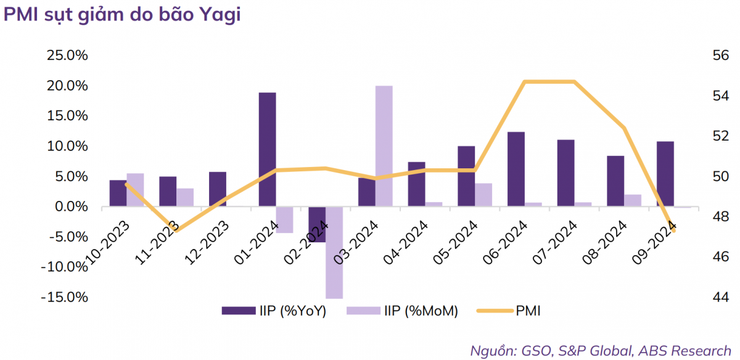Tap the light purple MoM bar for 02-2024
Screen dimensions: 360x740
pyautogui.click(x=334, y=252)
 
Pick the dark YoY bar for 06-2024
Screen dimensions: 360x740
pyautogui.click(x=516, y=169)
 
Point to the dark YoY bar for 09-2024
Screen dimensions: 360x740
pyautogui.click(x=665, y=174)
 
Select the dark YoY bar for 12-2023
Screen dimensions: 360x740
pyautogui.click(x=217, y=189)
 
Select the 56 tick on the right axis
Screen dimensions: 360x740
pyautogui.click(x=720, y=55)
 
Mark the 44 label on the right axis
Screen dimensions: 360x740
pyautogui.click(x=720, y=297)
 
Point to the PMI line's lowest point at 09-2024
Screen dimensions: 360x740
pyautogui.click(x=673, y=230)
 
